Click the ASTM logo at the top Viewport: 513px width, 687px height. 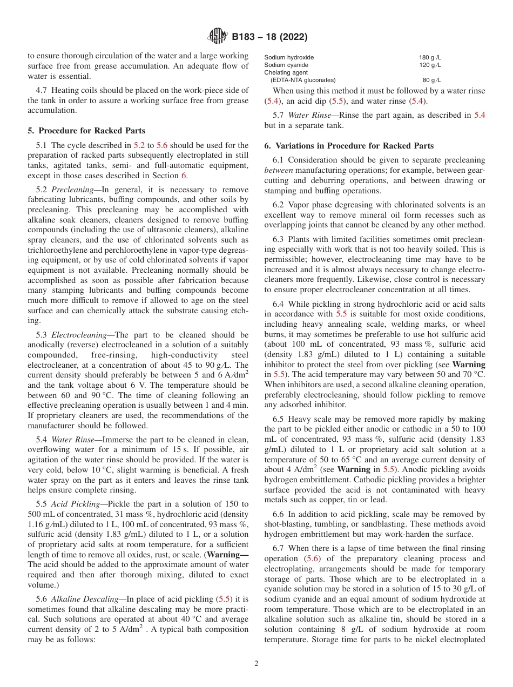coord(217,37)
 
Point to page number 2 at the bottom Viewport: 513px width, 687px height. coord(256,663)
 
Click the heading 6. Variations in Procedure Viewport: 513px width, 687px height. coord(349,146)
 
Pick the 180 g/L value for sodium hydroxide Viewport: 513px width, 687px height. coord(430,58)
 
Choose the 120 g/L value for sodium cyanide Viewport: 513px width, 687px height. coord(430,65)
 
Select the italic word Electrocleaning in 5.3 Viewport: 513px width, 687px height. coord(79,335)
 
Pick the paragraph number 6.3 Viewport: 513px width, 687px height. coord(279,239)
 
